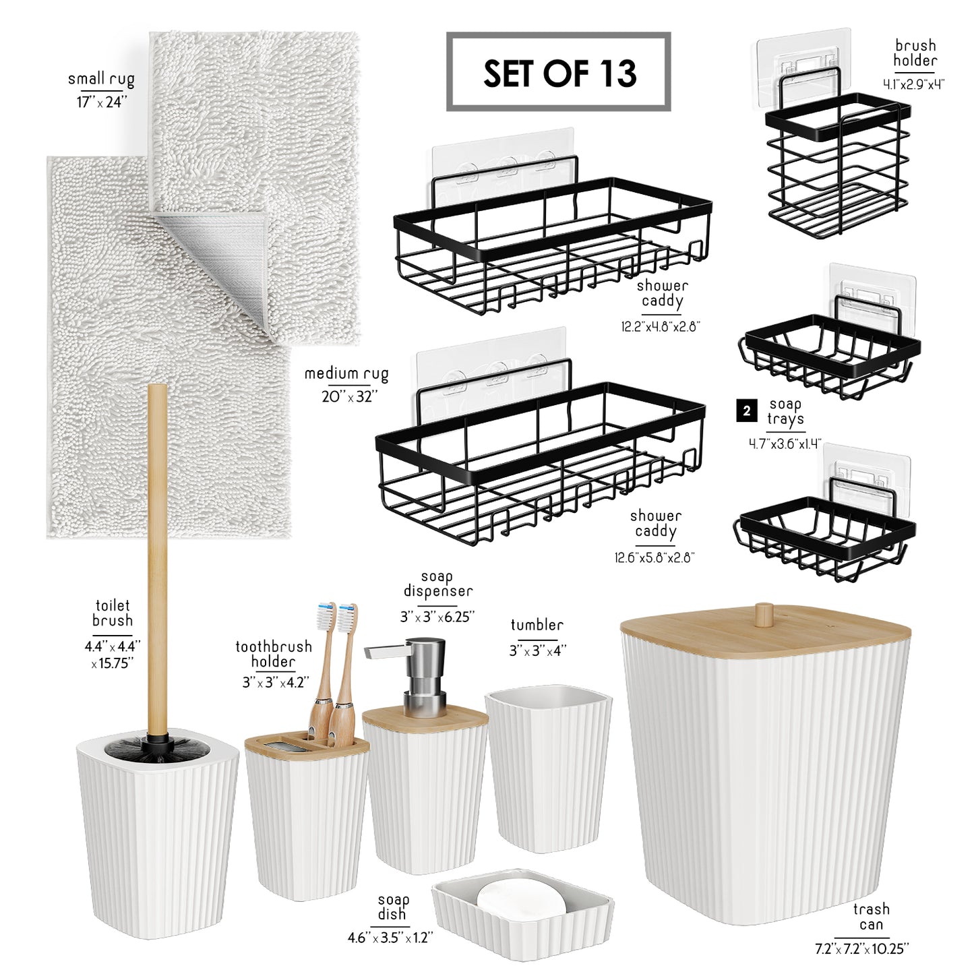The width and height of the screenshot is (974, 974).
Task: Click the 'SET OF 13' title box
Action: [558, 71]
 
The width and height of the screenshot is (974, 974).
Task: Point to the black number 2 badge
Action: [747, 411]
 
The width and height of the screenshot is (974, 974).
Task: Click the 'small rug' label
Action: [101, 80]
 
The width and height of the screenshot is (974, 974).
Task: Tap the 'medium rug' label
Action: [346, 374]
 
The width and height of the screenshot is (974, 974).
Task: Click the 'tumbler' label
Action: [537, 626]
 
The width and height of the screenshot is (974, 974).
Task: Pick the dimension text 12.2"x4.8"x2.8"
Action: [661, 326]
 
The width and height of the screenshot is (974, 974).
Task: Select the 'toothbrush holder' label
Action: [274, 654]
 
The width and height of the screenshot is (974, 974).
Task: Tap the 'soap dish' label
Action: [393, 907]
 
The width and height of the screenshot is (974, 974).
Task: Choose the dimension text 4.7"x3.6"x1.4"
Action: [785, 444]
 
